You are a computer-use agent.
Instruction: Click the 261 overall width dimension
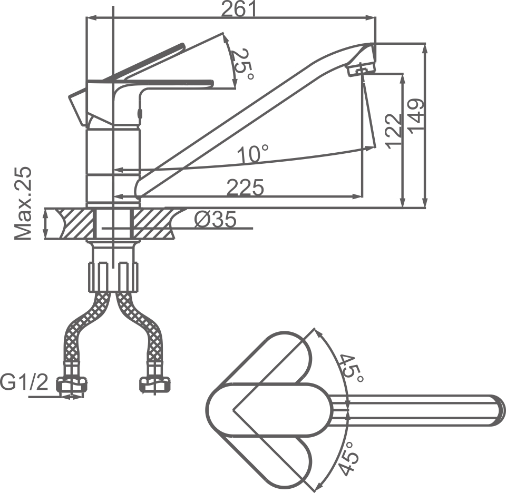click(238, 9)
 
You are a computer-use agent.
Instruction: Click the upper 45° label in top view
click(351, 369)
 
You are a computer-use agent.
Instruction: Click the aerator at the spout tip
click(361, 68)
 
